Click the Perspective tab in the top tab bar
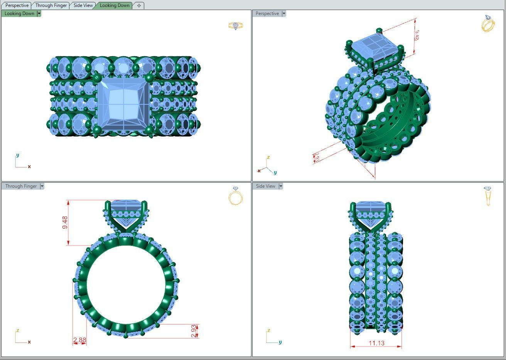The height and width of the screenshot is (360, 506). pos(17,5)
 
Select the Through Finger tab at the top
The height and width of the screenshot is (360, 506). pos(51,5)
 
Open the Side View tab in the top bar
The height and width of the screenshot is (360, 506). pos(83,5)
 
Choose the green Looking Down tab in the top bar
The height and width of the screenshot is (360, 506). pos(115,5)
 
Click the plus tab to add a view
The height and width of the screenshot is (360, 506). pos(139,5)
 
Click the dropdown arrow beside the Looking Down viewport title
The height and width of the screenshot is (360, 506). pos(39,13)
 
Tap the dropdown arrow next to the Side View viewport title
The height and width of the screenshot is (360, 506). pos(281,186)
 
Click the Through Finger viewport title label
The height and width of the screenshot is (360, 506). pos(21,186)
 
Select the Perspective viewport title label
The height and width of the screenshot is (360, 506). pos(267,13)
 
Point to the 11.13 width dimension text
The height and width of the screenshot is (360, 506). pos(376,343)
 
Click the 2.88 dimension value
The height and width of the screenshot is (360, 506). pos(79,340)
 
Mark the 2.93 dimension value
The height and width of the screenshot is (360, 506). pos(194,331)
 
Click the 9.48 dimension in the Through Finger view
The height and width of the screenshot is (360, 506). pos(65,222)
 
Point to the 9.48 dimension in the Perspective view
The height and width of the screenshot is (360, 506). pos(416,35)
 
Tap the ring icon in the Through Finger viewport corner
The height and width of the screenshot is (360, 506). pos(235,196)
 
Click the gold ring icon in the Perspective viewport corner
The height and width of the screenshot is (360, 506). pos(488,24)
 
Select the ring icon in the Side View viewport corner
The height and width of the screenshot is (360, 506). pos(487,196)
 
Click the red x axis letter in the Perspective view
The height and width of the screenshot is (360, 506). pos(259,171)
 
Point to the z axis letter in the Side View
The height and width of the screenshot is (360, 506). pos(268,330)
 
